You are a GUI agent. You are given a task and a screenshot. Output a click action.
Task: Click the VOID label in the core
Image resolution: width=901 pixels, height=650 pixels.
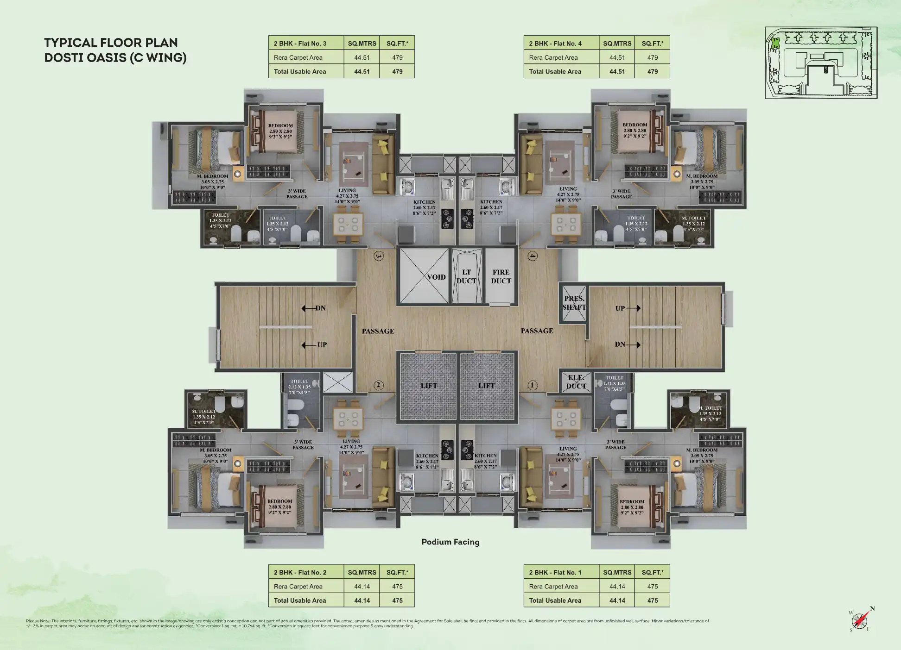pos(436,277)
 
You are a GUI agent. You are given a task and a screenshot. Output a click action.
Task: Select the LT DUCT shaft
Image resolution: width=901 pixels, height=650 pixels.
pos(466,276)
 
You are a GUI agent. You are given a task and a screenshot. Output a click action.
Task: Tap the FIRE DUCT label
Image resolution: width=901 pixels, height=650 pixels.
pos(501,276)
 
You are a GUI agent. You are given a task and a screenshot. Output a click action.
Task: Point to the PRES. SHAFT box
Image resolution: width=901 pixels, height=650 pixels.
pos(574,303)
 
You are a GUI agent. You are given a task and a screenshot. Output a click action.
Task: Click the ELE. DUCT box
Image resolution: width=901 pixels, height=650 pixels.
pos(576,382)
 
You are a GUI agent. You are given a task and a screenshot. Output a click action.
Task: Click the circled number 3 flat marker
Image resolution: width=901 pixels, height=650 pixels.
pos(379,256)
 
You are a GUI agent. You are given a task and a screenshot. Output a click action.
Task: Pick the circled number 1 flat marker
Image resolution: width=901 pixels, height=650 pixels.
pos(533,385)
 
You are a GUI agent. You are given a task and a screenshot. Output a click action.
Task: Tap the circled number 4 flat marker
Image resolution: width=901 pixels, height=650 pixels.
pos(533,256)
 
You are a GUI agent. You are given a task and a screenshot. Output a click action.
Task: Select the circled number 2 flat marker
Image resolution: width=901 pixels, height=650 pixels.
pos(379,385)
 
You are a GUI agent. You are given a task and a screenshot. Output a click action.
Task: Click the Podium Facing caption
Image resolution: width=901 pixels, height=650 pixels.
pos(450,542)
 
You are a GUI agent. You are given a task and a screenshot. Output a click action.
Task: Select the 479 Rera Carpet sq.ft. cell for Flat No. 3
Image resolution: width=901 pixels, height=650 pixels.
pos(397,57)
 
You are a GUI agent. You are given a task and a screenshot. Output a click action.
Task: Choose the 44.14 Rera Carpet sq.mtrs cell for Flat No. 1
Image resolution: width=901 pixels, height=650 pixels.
pos(617,587)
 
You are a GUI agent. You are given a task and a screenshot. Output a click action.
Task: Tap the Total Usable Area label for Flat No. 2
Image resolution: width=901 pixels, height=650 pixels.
pos(300,600)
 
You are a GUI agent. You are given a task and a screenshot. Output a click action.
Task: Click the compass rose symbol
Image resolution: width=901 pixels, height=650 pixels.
pos(860,620)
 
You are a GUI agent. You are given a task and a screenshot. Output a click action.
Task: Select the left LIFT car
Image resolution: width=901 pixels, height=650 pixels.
pos(428,386)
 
